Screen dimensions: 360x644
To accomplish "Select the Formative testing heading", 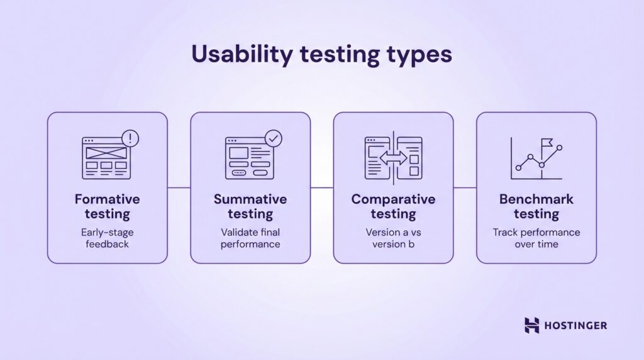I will pyautogui.click(x=108, y=206).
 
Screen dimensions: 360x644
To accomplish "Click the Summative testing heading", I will pyautogui.click(x=250, y=206).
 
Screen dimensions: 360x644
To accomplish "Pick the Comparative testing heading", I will pyautogui.click(x=393, y=206).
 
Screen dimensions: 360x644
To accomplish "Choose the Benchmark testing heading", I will pyautogui.click(x=536, y=206).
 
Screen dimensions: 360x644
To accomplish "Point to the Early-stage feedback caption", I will pyautogui.click(x=108, y=238).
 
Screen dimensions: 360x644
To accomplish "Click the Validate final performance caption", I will pyautogui.click(x=250, y=238).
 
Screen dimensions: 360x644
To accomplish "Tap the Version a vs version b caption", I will pyautogui.click(x=393, y=238).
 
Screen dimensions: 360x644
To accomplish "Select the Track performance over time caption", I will pyautogui.click(x=536, y=238).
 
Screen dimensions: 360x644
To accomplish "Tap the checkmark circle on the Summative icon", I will pyautogui.click(x=274, y=138).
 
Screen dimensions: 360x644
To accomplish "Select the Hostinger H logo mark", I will pyautogui.click(x=532, y=325).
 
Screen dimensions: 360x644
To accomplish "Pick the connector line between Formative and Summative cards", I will pyautogui.click(x=179, y=187).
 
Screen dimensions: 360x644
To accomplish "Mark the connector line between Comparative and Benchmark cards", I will pyautogui.click(x=465, y=187).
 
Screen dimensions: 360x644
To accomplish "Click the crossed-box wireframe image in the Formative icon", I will pyautogui.click(x=105, y=152).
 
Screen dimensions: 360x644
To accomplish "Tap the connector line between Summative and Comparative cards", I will pyautogui.click(x=322, y=187).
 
